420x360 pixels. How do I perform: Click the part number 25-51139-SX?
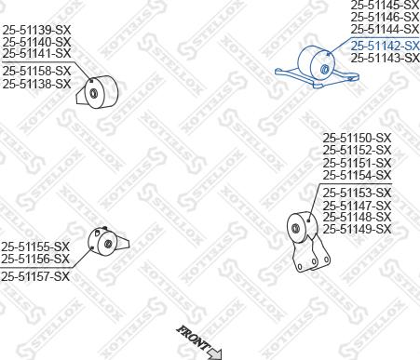pyautogui.click(x=36, y=31)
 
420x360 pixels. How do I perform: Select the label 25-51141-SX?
pyautogui.click(x=36, y=53)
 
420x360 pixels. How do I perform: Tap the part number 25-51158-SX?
pyautogui.click(x=36, y=71)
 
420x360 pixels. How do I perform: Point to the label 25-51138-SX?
pyautogui.click(x=36, y=83)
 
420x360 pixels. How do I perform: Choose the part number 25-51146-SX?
pyautogui.click(x=385, y=17)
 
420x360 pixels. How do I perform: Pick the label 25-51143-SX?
pyautogui.click(x=385, y=58)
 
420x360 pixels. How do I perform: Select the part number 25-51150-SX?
pyautogui.click(x=357, y=139)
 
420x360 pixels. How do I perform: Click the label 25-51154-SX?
pyautogui.click(x=357, y=175)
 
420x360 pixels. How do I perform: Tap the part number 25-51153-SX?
pyautogui.click(x=357, y=193)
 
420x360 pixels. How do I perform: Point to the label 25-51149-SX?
pyautogui.click(x=357, y=229)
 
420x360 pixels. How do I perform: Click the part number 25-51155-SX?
pyautogui.click(x=35, y=247)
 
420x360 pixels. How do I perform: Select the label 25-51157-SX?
pyautogui.click(x=35, y=276)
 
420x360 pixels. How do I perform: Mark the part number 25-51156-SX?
pyautogui.click(x=35, y=259)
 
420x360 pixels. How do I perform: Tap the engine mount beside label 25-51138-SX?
pyautogui.click(x=101, y=92)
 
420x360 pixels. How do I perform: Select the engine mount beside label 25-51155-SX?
pyautogui.click(x=104, y=243)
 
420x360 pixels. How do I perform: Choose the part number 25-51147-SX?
pyautogui.click(x=357, y=205)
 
